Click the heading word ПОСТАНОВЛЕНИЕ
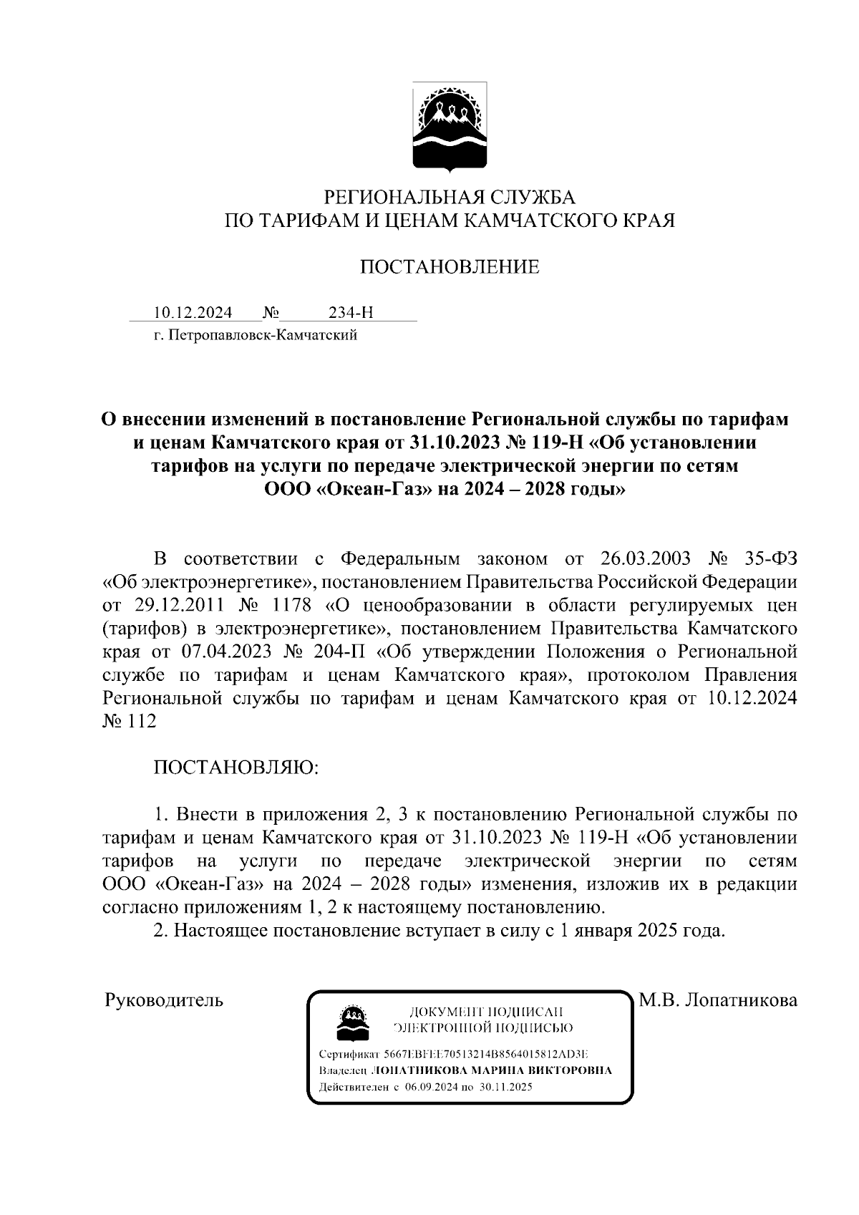tap(450, 268)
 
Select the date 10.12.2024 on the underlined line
tap(193, 313)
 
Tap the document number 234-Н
tap(351, 313)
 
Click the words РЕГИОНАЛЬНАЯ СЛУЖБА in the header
tap(450, 196)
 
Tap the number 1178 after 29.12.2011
tap(292, 605)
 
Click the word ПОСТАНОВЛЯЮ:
tap(235, 768)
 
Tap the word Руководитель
tap(164, 999)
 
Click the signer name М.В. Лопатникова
tap(718, 999)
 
